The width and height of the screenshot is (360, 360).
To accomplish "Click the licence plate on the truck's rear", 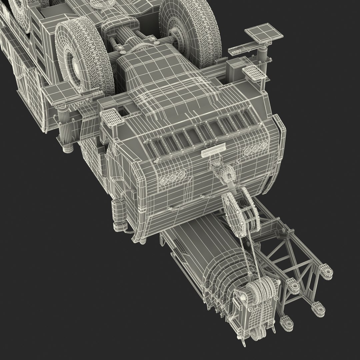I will [x=213, y=152].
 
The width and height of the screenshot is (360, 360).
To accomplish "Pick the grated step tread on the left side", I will [x=110, y=117].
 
